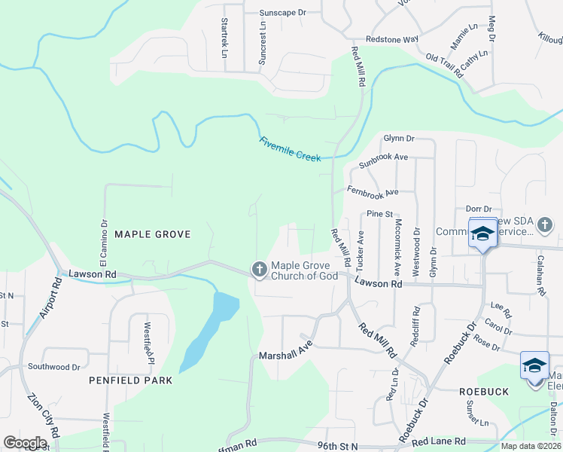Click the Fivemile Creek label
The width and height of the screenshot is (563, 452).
(290, 148)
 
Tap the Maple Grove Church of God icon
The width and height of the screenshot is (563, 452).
(259, 269)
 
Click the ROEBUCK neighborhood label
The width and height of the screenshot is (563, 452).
(484, 392)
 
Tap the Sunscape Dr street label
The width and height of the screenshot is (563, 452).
(283, 13)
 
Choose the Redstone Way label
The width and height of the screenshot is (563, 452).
(391, 39)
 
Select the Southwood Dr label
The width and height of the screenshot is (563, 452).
(54, 367)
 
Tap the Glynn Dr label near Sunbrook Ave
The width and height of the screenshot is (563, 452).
(399, 139)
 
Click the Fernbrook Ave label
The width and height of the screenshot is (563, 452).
(373, 192)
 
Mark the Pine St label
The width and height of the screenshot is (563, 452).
(380, 214)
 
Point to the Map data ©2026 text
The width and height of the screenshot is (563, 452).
(531, 446)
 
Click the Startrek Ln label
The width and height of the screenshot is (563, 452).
(224, 38)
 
